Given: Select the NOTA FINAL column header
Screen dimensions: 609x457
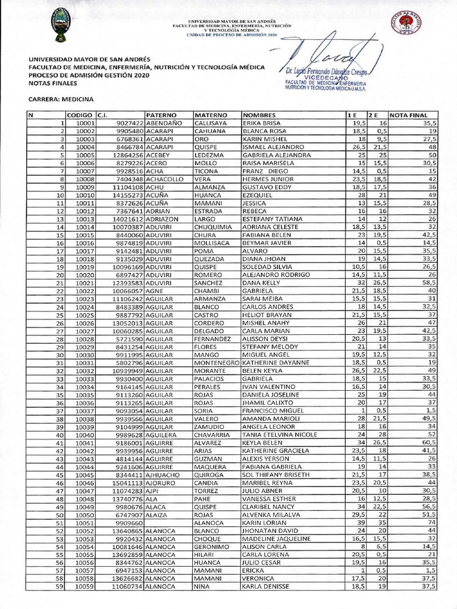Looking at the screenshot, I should click(408, 114).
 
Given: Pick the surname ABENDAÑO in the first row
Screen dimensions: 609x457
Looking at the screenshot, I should click(164, 123).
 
